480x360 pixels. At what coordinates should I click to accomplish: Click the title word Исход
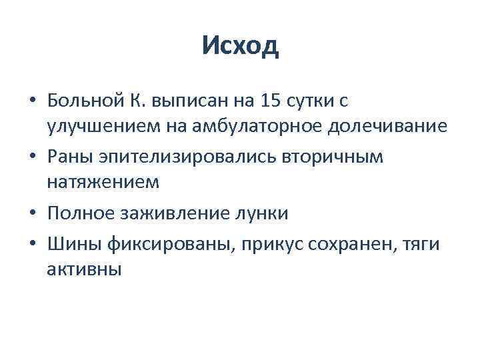tap(240, 47)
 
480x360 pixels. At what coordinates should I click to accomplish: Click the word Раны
tap(67, 157)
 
